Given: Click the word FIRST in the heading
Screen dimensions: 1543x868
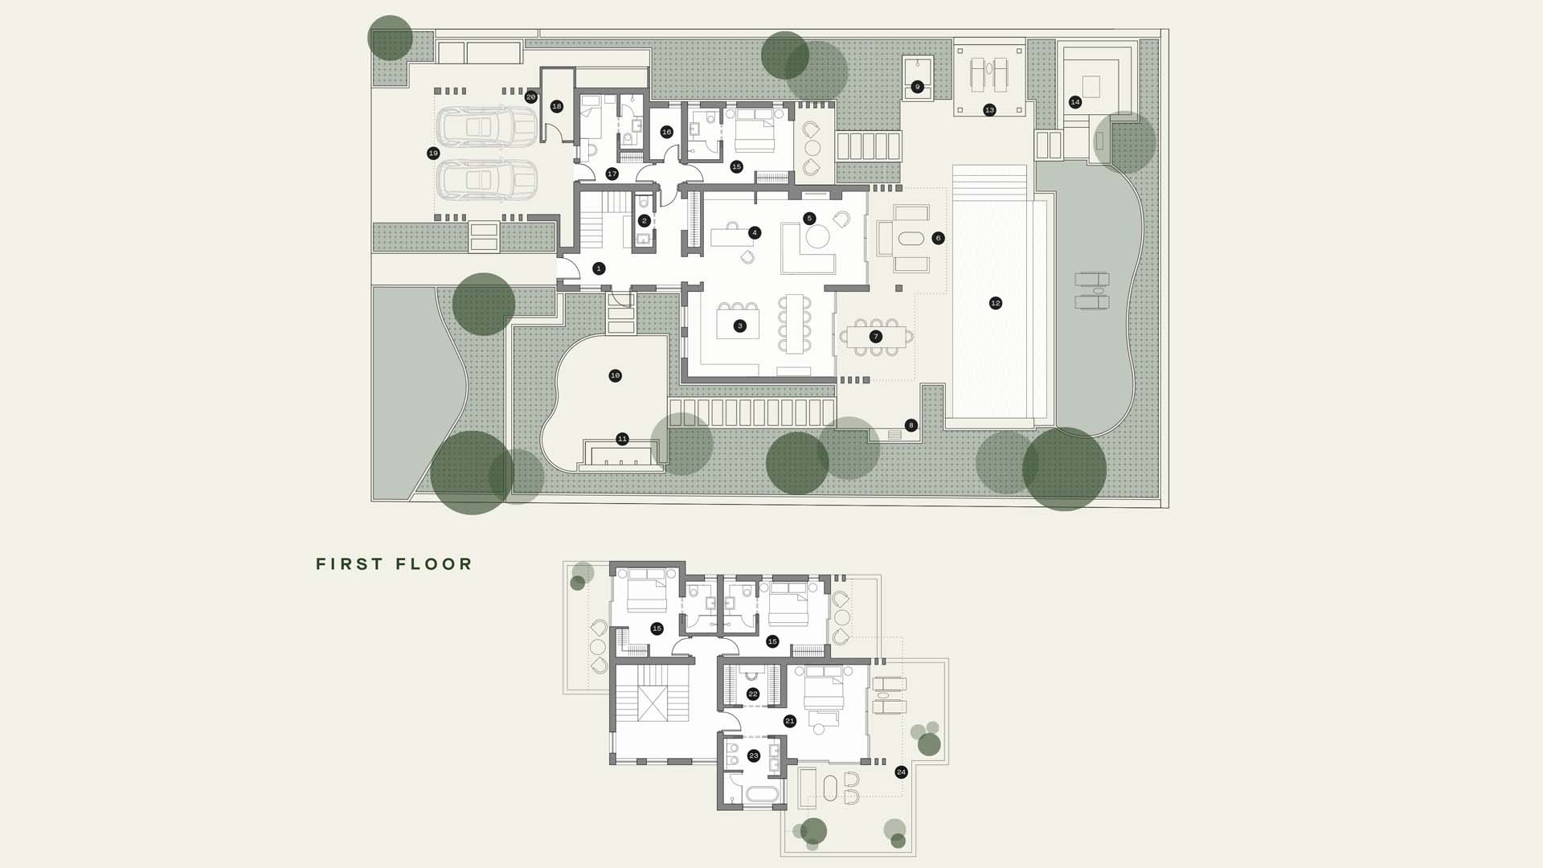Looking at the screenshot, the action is click(x=350, y=564).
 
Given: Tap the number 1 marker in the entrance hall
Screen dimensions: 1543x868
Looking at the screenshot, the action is click(x=599, y=268).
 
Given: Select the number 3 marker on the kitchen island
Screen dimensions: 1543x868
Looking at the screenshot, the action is click(x=740, y=326).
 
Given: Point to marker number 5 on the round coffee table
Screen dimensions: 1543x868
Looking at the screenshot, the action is click(x=809, y=219).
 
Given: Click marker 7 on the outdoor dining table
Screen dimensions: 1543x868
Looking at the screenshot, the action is click(x=876, y=337).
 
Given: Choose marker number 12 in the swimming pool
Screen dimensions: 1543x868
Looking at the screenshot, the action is click(x=996, y=303).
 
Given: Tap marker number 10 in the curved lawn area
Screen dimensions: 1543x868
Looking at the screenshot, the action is click(x=615, y=375).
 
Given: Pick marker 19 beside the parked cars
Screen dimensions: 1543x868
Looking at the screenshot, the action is click(x=434, y=154).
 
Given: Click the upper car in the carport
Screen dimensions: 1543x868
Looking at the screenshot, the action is click(x=486, y=126).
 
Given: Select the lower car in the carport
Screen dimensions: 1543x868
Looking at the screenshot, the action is click(x=486, y=180).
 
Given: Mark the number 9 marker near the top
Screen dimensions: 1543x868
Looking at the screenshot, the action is click(x=917, y=87).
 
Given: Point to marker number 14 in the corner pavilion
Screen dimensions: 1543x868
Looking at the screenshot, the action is click(x=1075, y=102).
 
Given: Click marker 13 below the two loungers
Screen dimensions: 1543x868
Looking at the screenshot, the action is click(x=989, y=110).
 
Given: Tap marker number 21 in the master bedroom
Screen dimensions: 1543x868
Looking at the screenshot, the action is click(x=790, y=721).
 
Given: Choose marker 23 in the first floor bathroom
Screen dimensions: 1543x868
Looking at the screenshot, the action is click(x=754, y=755).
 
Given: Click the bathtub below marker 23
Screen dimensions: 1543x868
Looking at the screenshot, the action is click(x=762, y=795).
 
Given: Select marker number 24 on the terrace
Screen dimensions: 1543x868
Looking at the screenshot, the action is click(x=901, y=772).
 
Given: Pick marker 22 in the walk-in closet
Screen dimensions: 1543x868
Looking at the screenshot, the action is click(x=753, y=694).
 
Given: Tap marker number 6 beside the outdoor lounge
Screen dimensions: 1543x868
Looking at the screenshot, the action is click(x=938, y=238).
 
